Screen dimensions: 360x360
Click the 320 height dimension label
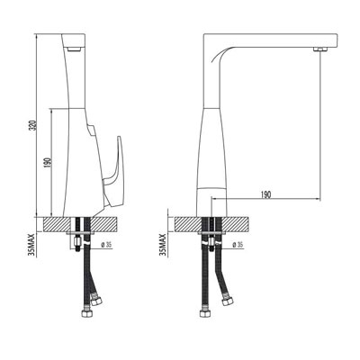point(34,125)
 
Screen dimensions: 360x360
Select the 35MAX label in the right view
point(163,244)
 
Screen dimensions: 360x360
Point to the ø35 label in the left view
point(106,245)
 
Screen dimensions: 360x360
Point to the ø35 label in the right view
point(238,245)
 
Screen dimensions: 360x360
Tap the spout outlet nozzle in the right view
point(320,49)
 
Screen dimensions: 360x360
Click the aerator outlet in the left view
point(74,49)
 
